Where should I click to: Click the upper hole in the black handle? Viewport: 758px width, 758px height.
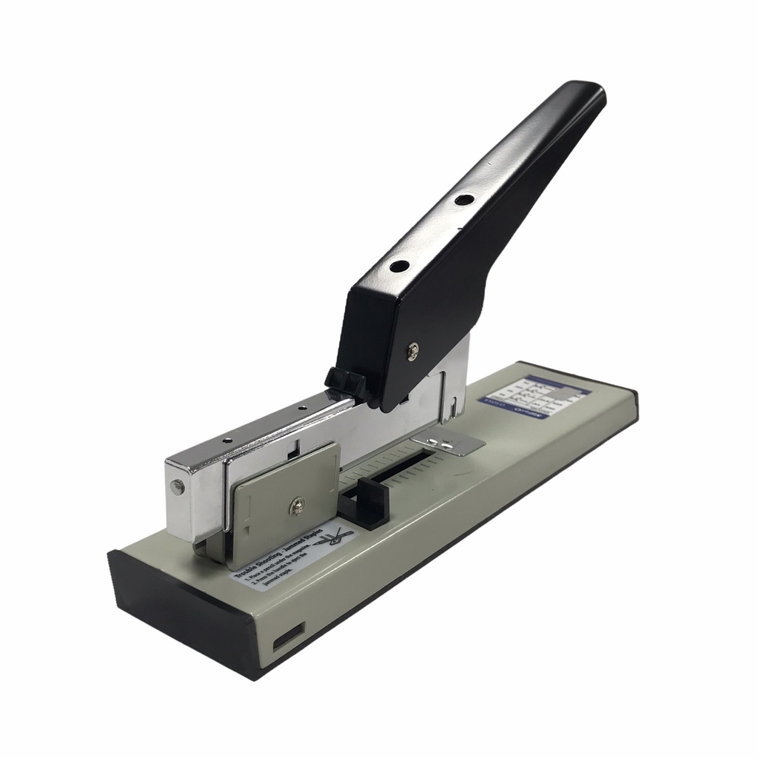[464, 199]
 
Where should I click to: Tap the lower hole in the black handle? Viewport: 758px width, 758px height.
[399, 265]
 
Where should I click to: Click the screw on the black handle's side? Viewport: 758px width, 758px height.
[413, 349]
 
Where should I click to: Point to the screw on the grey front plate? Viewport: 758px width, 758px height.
[298, 506]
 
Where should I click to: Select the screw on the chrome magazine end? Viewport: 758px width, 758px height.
[177, 486]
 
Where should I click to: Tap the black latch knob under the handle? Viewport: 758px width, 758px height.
[346, 383]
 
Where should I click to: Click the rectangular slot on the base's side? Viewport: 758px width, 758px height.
[289, 637]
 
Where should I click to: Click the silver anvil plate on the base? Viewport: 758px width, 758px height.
[447, 442]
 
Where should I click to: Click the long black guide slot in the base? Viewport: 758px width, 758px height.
[403, 471]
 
